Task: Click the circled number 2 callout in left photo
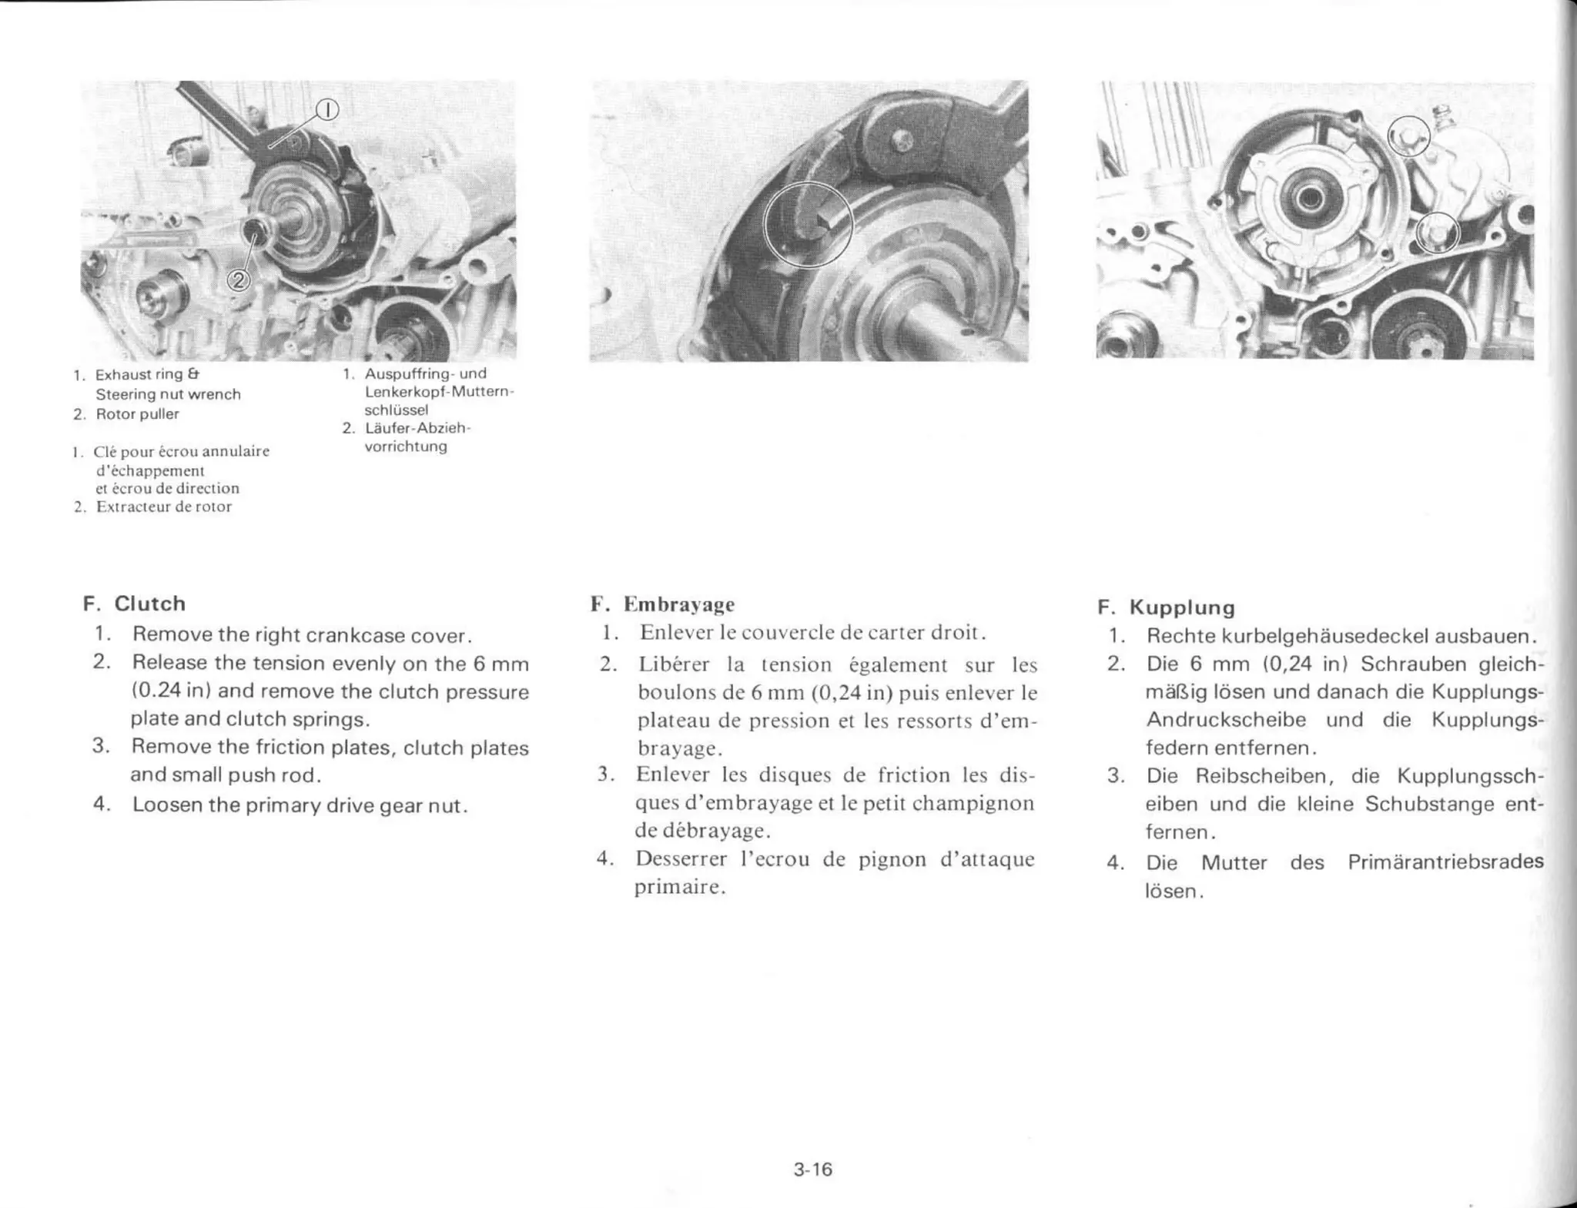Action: click(x=238, y=280)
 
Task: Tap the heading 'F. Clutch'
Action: click(x=135, y=604)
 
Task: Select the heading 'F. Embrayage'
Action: click(x=663, y=604)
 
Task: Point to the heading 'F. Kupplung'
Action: click(x=1166, y=607)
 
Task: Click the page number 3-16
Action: click(x=813, y=1170)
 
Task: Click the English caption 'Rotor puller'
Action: click(x=137, y=414)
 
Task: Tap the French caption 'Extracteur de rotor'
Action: click(x=163, y=507)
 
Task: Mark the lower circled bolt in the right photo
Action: click(x=1436, y=233)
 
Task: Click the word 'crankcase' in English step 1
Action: click(x=354, y=636)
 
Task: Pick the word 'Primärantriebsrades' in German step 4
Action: click(x=1445, y=862)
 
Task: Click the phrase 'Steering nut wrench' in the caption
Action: click(x=168, y=394)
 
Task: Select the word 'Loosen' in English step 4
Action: click(x=166, y=805)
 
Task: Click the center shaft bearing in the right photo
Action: click(x=1308, y=199)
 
